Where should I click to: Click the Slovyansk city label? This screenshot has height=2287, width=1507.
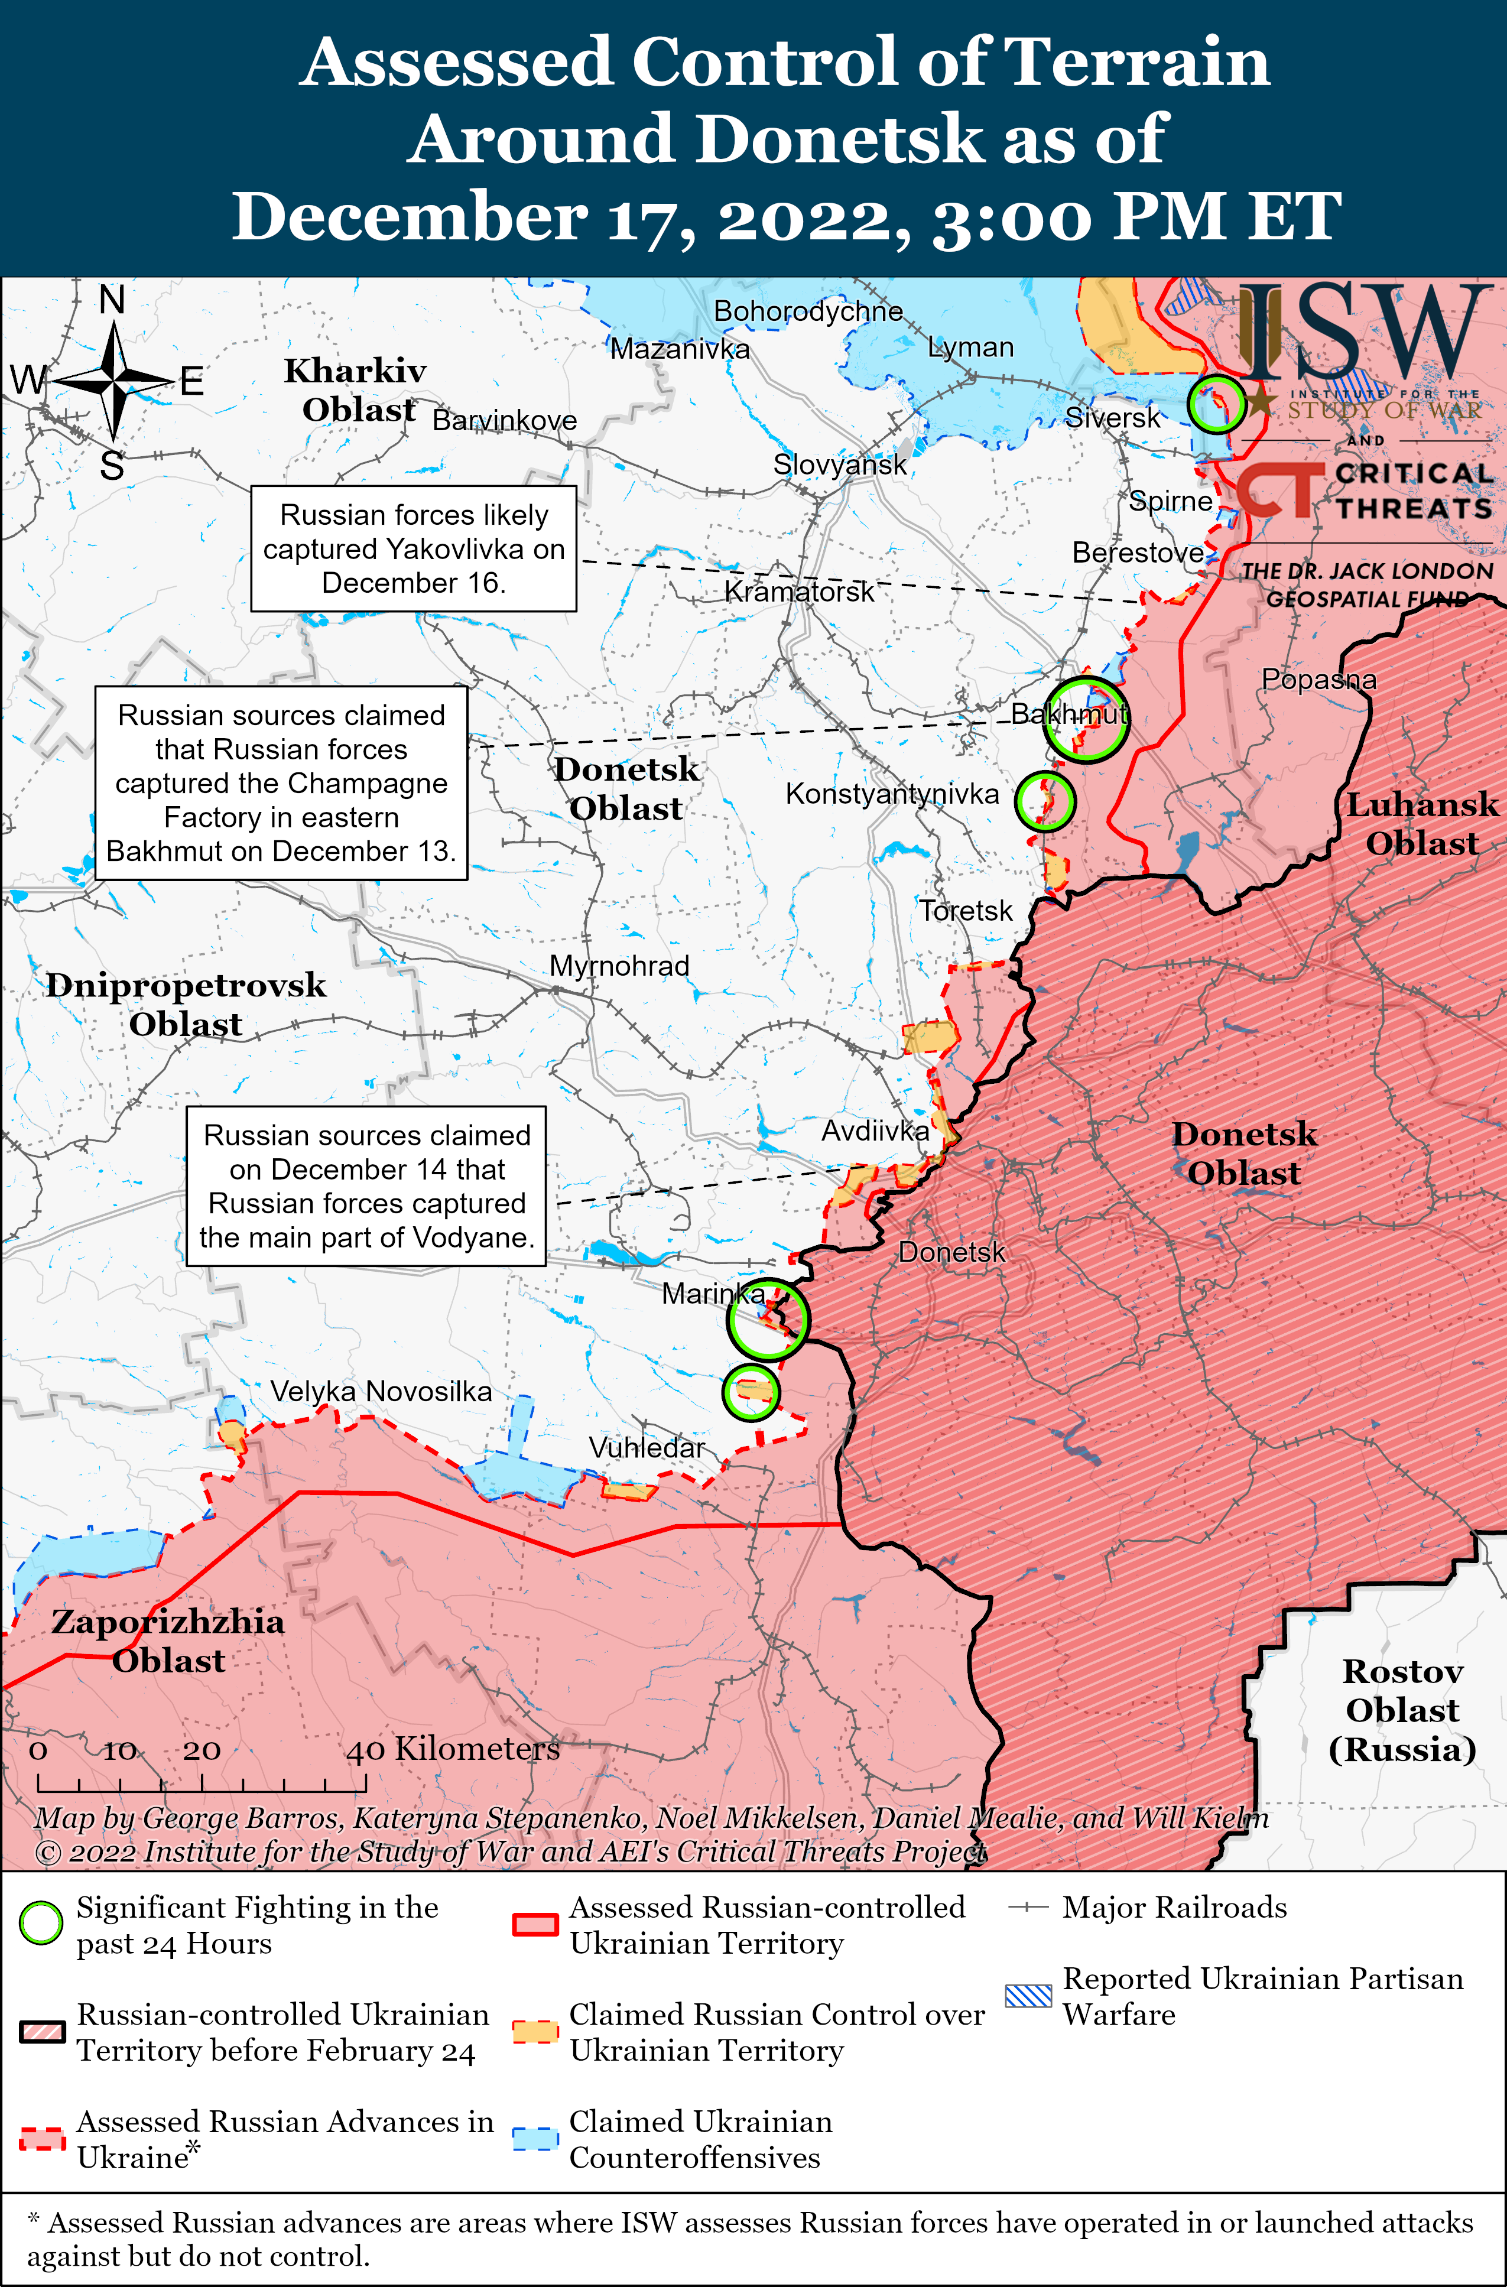pyautogui.click(x=839, y=465)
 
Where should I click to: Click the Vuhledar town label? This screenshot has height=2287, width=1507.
pyautogui.click(x=647, y=1447)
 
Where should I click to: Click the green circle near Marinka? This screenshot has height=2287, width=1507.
pyautogui.click(x=767, y=1320)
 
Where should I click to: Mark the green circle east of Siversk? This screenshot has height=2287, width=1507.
pyautogui.click(x=1216, y=404)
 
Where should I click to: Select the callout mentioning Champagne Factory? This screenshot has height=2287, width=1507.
pyautogui.click(x=281, y=782)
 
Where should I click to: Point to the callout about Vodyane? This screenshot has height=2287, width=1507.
pyautogui.click(x=366, y=1186)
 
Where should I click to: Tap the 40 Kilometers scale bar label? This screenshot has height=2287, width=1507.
pyautogui.click(x=453, y=1749)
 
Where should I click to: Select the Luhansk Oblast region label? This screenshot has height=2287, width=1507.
pyautogui.click(x=1421, y=824)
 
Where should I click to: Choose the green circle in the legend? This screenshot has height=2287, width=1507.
pyautogui.click(x=41, y=1923)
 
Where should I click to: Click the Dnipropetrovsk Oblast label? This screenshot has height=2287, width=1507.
pyautogui.click(x=186, y=1004)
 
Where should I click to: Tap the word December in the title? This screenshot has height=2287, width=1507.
pyautogui.click(x=408, y=217)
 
